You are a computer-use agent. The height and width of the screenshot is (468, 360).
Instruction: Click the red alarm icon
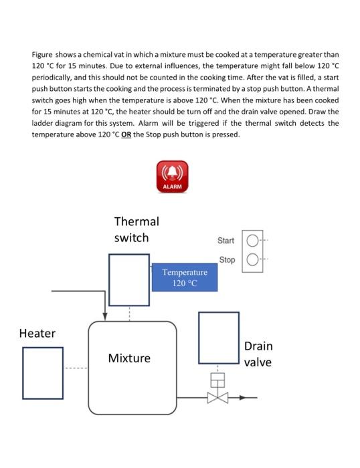(x=172, y=176)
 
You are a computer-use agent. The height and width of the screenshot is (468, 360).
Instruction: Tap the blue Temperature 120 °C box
(x=185, y=277)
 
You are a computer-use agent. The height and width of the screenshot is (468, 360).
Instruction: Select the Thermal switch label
(x=137, y=229)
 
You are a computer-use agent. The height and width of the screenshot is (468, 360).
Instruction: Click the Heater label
(x=37, y=333)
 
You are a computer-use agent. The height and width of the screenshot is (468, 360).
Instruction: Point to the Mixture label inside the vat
(x=129, y=358)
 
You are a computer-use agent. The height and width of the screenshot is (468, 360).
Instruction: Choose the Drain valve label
(x=258, y=354)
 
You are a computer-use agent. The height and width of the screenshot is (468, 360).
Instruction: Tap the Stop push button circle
(x=252, y=259)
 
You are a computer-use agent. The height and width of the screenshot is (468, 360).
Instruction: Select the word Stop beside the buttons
(x=227, y=259)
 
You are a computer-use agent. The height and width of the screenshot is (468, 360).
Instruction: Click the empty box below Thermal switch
(x=129, y=279)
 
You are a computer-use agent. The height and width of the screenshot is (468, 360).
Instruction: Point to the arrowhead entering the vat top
(x=104, y=316)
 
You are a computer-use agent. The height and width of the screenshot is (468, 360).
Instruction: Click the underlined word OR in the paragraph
(x=199, y=134)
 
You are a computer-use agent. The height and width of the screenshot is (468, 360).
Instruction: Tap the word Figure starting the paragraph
(x=43, y=54)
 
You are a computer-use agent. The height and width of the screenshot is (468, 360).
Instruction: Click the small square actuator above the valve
(x=217, y=380)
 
